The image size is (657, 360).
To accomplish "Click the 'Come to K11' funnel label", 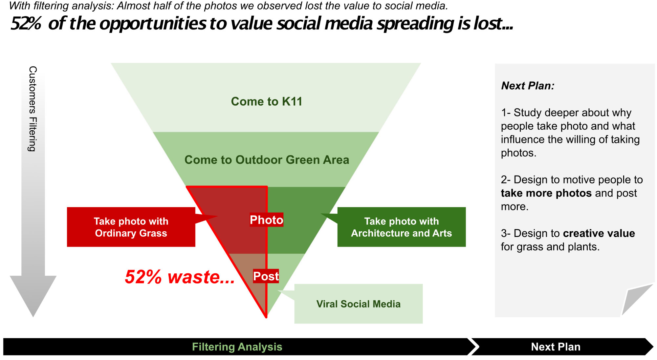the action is pyautogui.click(x=267, y=101).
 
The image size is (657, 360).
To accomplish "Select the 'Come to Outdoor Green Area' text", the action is pyautogui.click(x=267, y=160).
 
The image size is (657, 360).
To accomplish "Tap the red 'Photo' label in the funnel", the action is pyautogui.click(x=266, y=220).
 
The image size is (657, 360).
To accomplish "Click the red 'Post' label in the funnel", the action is pyautogui.click(x=266, y=276).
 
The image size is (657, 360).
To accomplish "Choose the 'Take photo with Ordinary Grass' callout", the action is pyautogui.click(x=131, y=227).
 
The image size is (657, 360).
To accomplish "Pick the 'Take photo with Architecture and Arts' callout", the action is pyautogui.click(x=401, y=227).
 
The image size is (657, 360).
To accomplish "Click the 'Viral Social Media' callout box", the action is pyautogui.click(x=358, y=304).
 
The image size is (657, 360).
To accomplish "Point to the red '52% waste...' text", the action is pyautogui.click(x=180, y=277).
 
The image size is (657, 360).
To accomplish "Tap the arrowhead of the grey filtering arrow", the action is pyautogui.click(x=33, y=295).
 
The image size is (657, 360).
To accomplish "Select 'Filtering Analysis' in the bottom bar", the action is pyautogui.click(x=237, y=347).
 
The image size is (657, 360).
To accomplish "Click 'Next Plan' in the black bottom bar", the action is pyautogui.click(x=556, y=347).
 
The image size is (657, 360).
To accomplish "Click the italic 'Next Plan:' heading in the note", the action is pyautogui.click(x=528, y=86).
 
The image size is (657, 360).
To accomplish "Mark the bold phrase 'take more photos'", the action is pyautogui.click(x=546, y=193).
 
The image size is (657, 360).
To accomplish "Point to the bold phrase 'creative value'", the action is pyautogui.click(x=599, y=233).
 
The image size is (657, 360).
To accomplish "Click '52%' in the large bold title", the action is pyautogui.click(x=26, y=24).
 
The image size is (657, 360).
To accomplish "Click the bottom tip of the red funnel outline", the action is pyautogui.click(x=266, y=317).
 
